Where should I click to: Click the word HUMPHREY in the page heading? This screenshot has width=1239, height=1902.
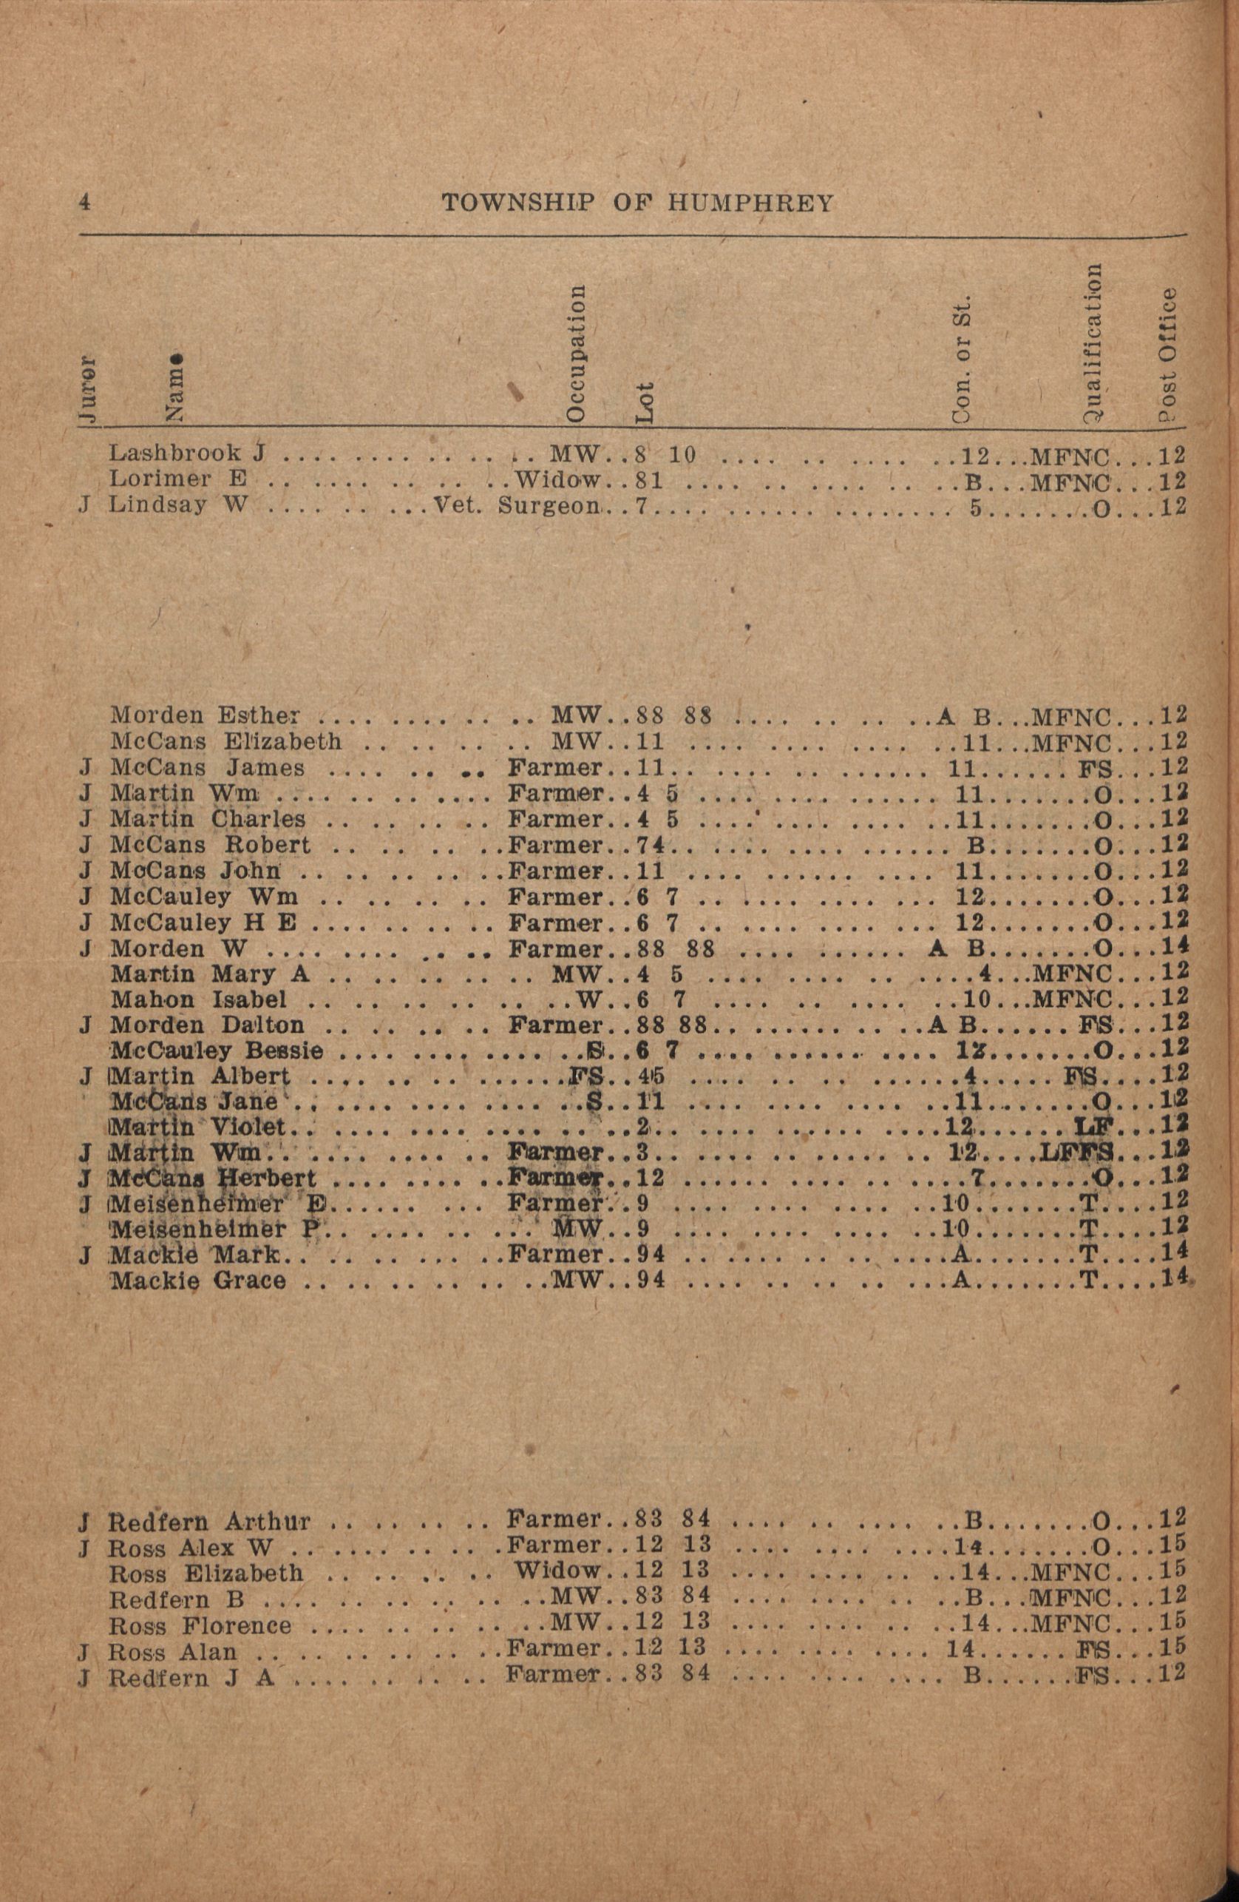(x=750, y=203)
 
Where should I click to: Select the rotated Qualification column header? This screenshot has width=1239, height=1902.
(x=1091, y=341)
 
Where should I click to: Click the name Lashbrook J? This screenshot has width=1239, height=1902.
(x=187, y=454)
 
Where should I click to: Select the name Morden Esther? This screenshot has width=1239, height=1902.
(x=206, y=715)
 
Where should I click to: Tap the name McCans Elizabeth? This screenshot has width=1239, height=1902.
(x=226, y=741)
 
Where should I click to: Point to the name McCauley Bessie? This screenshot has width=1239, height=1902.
(x=217, y=1050)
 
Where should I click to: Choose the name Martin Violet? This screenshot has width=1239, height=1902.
(x=198, y=1127)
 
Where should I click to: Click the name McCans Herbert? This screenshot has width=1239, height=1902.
(x=212, y=1178)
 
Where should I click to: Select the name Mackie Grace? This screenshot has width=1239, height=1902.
(x=197, y=1281)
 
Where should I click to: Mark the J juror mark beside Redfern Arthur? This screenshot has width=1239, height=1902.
(x=83, y=1521)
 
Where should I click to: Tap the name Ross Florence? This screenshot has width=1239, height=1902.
(x=200, y=1625)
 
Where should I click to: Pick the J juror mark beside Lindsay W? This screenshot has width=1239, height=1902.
(x=84, y=506)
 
